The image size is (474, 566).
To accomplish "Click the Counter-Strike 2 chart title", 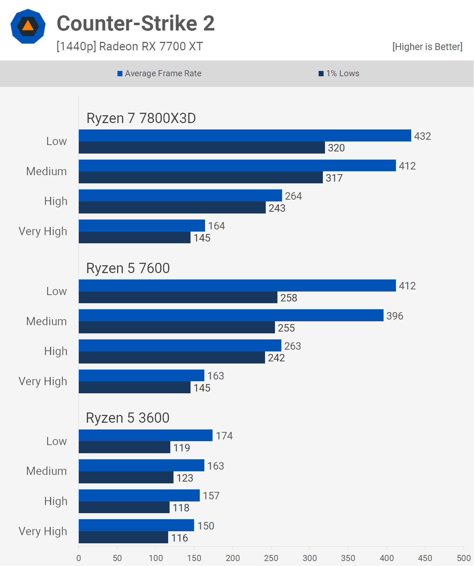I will pyautogui.click(x=136, y=23).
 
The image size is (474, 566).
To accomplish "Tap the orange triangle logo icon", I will pyautogui.click(x=28, y=26).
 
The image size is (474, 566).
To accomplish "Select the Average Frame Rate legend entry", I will pyautogui.click(x=159, y=73).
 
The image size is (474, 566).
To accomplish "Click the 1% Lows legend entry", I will pyautogui.click(x=339, y=73).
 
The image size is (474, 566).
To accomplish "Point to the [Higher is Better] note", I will pyautogui.click(x=427, y=47).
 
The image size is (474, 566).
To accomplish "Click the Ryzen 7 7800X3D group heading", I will pyautogui.click(x=141, y=118).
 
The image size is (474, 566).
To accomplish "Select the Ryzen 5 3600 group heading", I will pyautogui.click(x=128, y=418).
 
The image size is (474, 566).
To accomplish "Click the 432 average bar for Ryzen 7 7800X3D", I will pyautogui.click(x=245, y=135).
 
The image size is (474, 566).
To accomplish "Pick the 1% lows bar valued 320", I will pyautogui.click(x=202, y=148).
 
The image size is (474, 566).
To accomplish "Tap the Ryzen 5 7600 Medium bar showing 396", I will pyautogui.click(x=231, y=315).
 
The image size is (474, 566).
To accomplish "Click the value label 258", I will pyautogui.click(x=289, y=298).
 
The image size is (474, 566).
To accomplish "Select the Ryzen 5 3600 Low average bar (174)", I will pyautogui.click(x=145, y=435).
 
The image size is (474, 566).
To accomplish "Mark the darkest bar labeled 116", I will pyautogui.click(x=123, y=537).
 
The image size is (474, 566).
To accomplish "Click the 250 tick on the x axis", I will pyautogui.click(x=271, y=558).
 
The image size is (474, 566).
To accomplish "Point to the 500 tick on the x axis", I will pyautogui.click(x=463, y=558).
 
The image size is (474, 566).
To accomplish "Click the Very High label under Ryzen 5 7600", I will pyautogui.click(x=43, y=381).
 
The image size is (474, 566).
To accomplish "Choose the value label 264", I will pyautogui.click(x=293, y=196).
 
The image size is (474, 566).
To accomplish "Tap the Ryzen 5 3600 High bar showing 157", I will pyautogui.click(x=139, y=495).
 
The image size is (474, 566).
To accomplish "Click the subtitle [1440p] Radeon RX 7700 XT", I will pyautogui.click(x=130, y=46).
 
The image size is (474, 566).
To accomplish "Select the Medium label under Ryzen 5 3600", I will pyautogui.click(x=46, y=471).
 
